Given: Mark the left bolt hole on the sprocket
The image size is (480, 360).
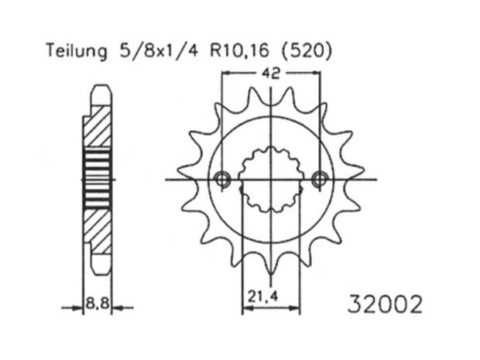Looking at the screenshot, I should tap(223, 180).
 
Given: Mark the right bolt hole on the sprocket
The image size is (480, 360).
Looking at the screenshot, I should tap(319, 180).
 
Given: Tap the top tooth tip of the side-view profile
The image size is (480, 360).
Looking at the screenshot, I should tap(99, 85).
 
